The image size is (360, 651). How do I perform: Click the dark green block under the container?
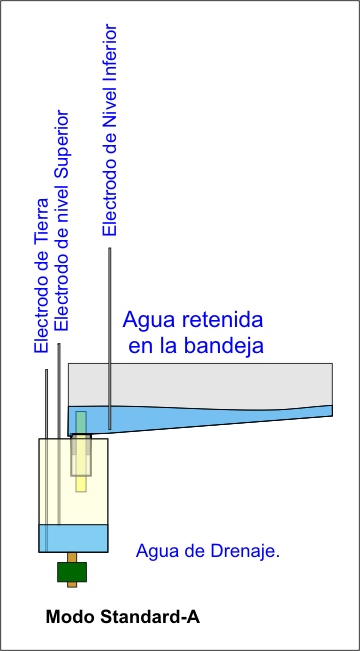(x=72, y=572)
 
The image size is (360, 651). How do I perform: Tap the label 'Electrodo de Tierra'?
(x=42, y=277)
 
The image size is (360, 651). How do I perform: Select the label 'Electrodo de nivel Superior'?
(x=62, y=220)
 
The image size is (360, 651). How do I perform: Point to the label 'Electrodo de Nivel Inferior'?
(x=110, y=130)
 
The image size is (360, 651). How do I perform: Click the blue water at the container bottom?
(x=73, y=538)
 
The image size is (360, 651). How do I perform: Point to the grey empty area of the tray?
(x=200, y=384)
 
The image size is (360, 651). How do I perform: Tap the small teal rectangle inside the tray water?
(x=81, y=422)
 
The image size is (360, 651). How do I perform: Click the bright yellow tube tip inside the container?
(x=81, y=484)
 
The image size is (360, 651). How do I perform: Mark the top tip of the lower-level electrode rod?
(x=110, y=248)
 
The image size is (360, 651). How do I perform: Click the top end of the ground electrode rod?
(x=47, y=370)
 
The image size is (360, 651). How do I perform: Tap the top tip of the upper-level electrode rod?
(x=59, y=344)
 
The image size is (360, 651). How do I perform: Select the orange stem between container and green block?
(x=72, y=557)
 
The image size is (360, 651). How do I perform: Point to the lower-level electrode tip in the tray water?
(x=110, y=428)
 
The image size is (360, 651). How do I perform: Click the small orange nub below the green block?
(x=72, y=584)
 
